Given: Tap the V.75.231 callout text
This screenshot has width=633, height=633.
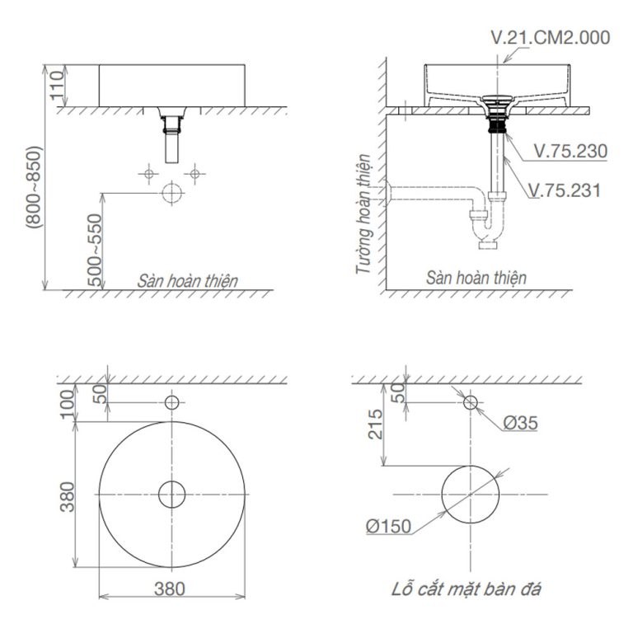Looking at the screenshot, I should [565, 190].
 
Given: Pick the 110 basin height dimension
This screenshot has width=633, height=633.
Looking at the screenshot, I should [56, 85].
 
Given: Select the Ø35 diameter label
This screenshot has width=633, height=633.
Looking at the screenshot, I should [519, 423].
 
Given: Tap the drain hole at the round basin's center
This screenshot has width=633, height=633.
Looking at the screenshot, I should [171, 494].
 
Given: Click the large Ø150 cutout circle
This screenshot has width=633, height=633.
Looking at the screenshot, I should [470, 494].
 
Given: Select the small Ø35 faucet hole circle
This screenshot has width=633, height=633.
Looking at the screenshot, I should [470, 402].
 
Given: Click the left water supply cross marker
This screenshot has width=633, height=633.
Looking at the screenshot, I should [148, 173].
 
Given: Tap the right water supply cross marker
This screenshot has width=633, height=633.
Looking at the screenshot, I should [195, 173].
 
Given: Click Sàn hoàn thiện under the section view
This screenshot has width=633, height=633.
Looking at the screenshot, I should [476, 279].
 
